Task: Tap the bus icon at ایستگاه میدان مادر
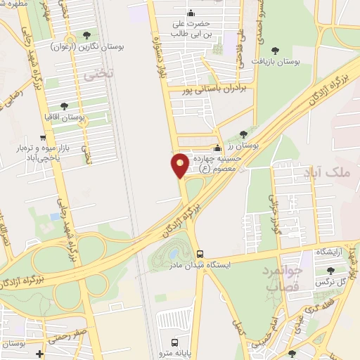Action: click(x=200, y=254)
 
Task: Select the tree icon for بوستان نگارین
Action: click(x=86, y=34)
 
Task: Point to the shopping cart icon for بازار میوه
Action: click(x=44, y=138)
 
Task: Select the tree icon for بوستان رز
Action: click(x=243, y=134)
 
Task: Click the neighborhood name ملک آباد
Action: click(x=323, y=172)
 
